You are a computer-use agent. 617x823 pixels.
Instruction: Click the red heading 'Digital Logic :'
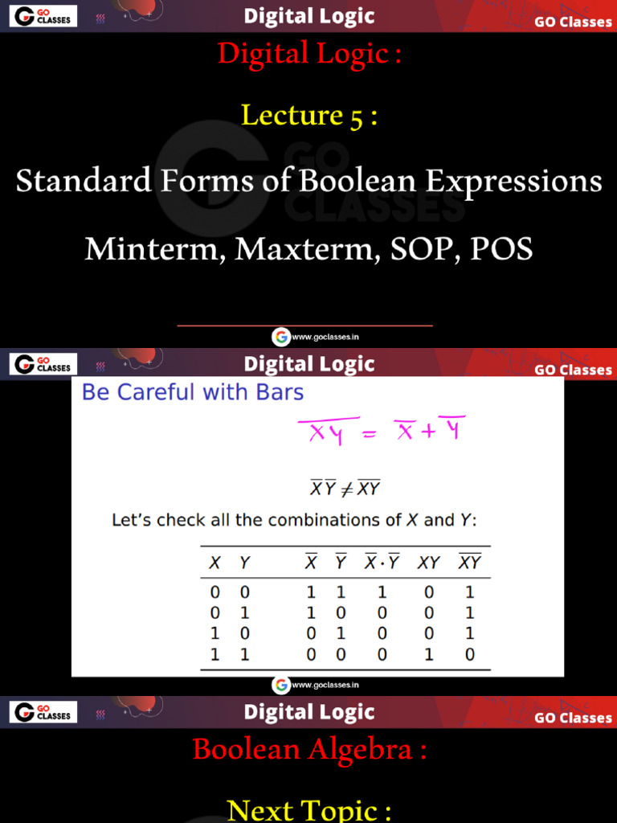click(309, 55)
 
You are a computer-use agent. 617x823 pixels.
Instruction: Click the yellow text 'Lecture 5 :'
click(309, 116)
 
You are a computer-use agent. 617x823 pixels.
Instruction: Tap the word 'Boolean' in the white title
click(361, 181)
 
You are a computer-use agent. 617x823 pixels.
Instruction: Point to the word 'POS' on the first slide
click(501, 249)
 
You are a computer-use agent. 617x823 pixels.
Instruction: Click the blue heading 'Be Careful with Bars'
click(193, 392)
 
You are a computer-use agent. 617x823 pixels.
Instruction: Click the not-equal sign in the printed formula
click(346, 488)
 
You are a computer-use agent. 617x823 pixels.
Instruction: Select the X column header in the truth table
click(215, 563)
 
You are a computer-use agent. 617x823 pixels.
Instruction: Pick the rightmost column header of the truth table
click(469, 563)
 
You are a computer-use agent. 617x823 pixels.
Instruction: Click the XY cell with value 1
click(429, 655)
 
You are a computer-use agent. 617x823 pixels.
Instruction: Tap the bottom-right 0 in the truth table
click(470, 655)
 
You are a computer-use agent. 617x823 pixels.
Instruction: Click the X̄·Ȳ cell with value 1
click(382, 593)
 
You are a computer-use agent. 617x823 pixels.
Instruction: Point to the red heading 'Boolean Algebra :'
click(309, 750)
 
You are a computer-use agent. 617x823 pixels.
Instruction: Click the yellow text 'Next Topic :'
click(309, 809)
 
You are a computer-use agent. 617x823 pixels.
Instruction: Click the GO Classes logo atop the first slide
click(43, 16)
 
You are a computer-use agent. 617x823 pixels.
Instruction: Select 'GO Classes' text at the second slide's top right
click(573, 370)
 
